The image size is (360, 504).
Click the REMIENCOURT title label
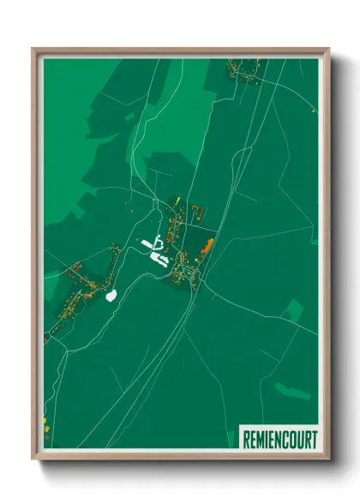pyautogui.click(x=278, y=435)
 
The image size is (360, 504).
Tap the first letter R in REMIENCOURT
pyautogui.click(x=245, y=435)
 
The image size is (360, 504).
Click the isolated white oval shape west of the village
pyautogui.click(x=111, y=296)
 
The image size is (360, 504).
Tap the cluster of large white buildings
pyautogui.click(x=155, y=249)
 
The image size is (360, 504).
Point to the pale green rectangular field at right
pyautogui.click(x=294, y=309)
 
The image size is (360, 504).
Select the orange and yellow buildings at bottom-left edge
pyautogui.click(x=45, y=423)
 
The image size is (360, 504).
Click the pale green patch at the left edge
pyautogui.click(x=51, y=280)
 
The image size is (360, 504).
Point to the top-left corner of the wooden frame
pyautogui.click(x=33, y=49)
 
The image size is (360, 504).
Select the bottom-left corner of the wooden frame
pyautogui.click(x=33, y=459)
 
